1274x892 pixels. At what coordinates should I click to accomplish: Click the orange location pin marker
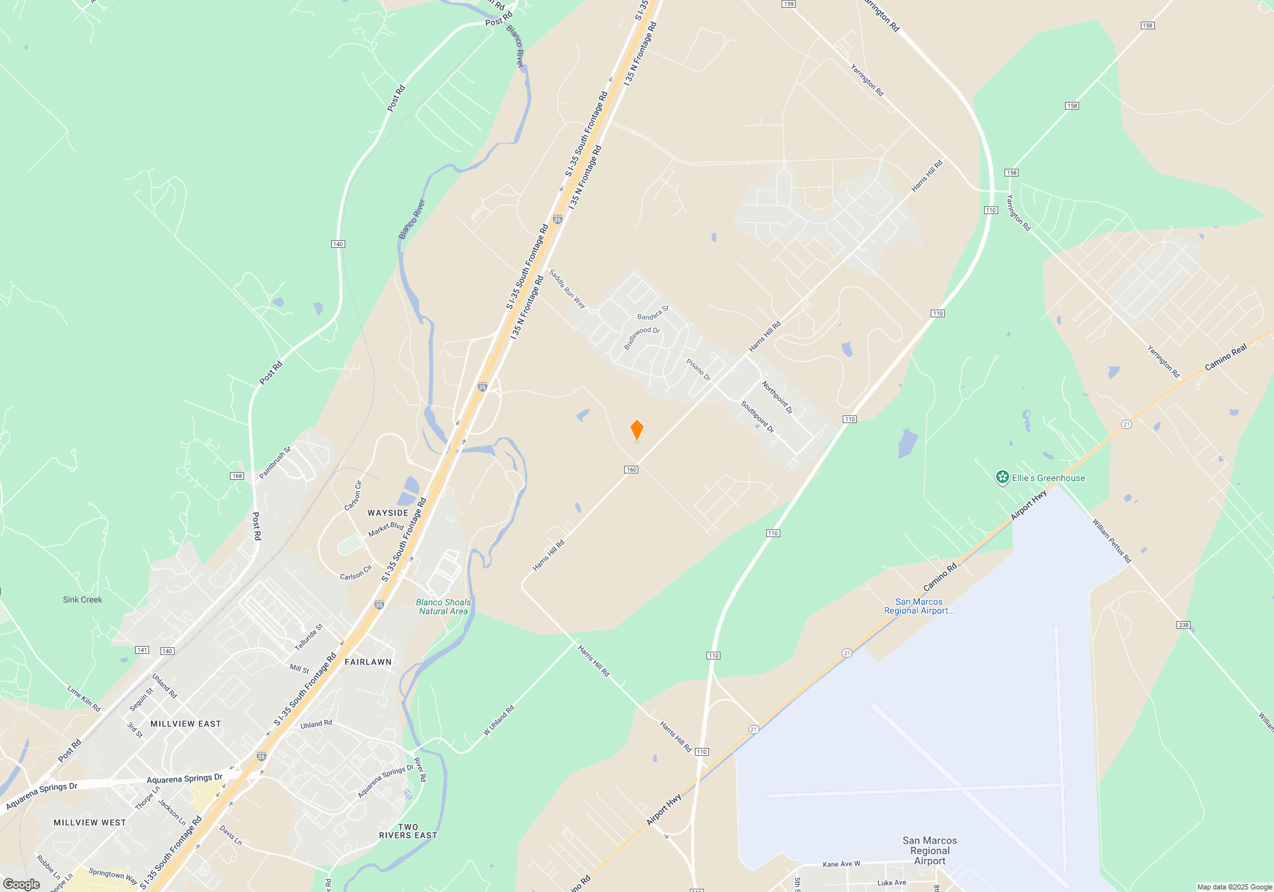[636, 430]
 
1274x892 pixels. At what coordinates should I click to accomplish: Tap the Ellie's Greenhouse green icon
[1002, 477]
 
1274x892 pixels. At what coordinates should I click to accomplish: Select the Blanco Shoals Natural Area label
[443, 607]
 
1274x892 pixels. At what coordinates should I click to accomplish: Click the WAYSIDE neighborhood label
[388, 513]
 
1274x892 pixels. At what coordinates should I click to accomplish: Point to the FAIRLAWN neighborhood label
[368, 662]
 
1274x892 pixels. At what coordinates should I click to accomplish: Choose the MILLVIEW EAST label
[185, 724]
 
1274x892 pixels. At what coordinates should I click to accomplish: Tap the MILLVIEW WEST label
[90, 823]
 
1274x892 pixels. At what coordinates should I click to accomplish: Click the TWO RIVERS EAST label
[408, 831]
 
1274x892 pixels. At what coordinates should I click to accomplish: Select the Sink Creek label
[82, 600]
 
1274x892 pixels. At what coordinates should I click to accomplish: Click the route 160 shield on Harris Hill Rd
[631, 470]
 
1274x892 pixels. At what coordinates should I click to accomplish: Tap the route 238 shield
[1184, 625]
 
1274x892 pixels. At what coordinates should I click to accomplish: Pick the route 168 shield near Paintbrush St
[237, 476]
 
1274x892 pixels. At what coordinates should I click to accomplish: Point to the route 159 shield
[789, 4]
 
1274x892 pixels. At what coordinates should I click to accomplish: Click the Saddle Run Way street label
[567, 289]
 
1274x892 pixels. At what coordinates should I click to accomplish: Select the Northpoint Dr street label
[777, 398]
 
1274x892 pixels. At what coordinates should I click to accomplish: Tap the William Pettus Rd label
[1112, 541]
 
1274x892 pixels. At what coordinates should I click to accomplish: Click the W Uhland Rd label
[499, 721]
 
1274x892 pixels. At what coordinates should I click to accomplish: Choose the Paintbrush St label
[275, 463]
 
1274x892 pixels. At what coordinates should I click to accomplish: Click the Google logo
[22, 884]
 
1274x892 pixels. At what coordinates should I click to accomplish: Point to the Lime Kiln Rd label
[83, 698]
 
